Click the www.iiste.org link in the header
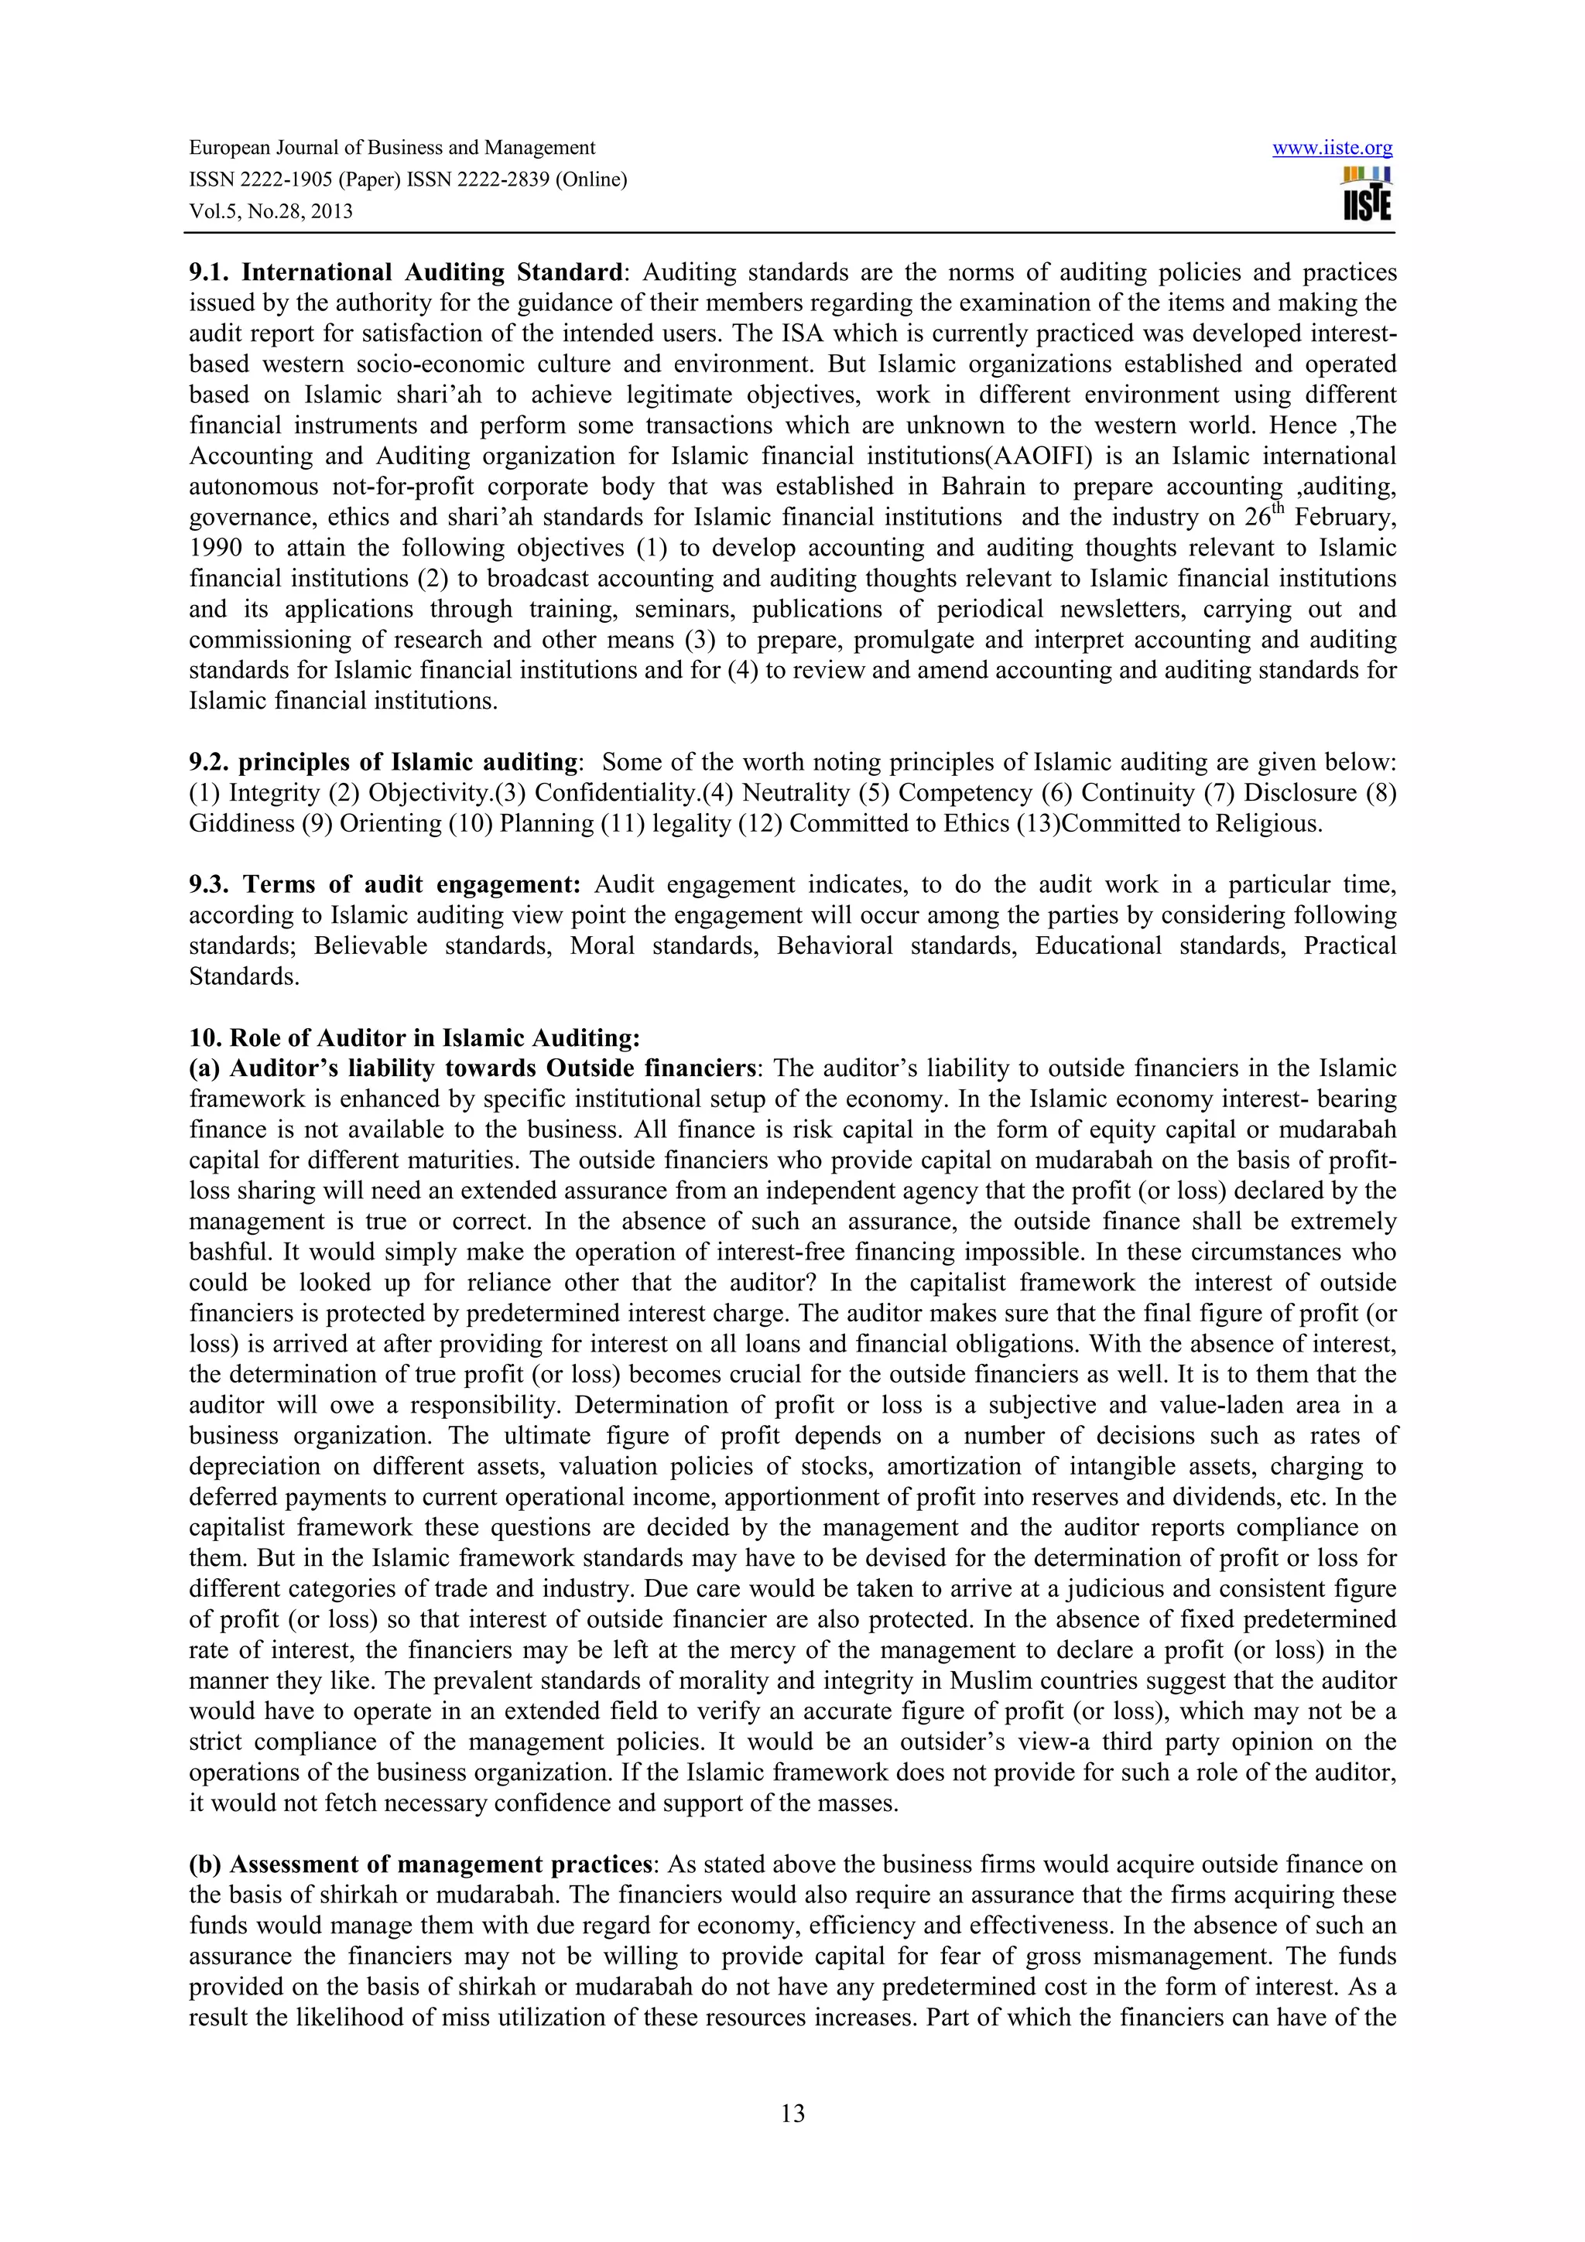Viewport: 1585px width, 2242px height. click(x=1332, y=149)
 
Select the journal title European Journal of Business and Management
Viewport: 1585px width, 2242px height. click(x=392, y=149)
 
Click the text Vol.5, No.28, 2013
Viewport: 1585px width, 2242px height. click(x=271, y=212)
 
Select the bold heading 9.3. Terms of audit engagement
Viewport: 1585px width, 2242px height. click(x=384, y=885)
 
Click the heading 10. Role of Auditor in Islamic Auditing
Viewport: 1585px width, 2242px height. click(x=414, y=1038)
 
